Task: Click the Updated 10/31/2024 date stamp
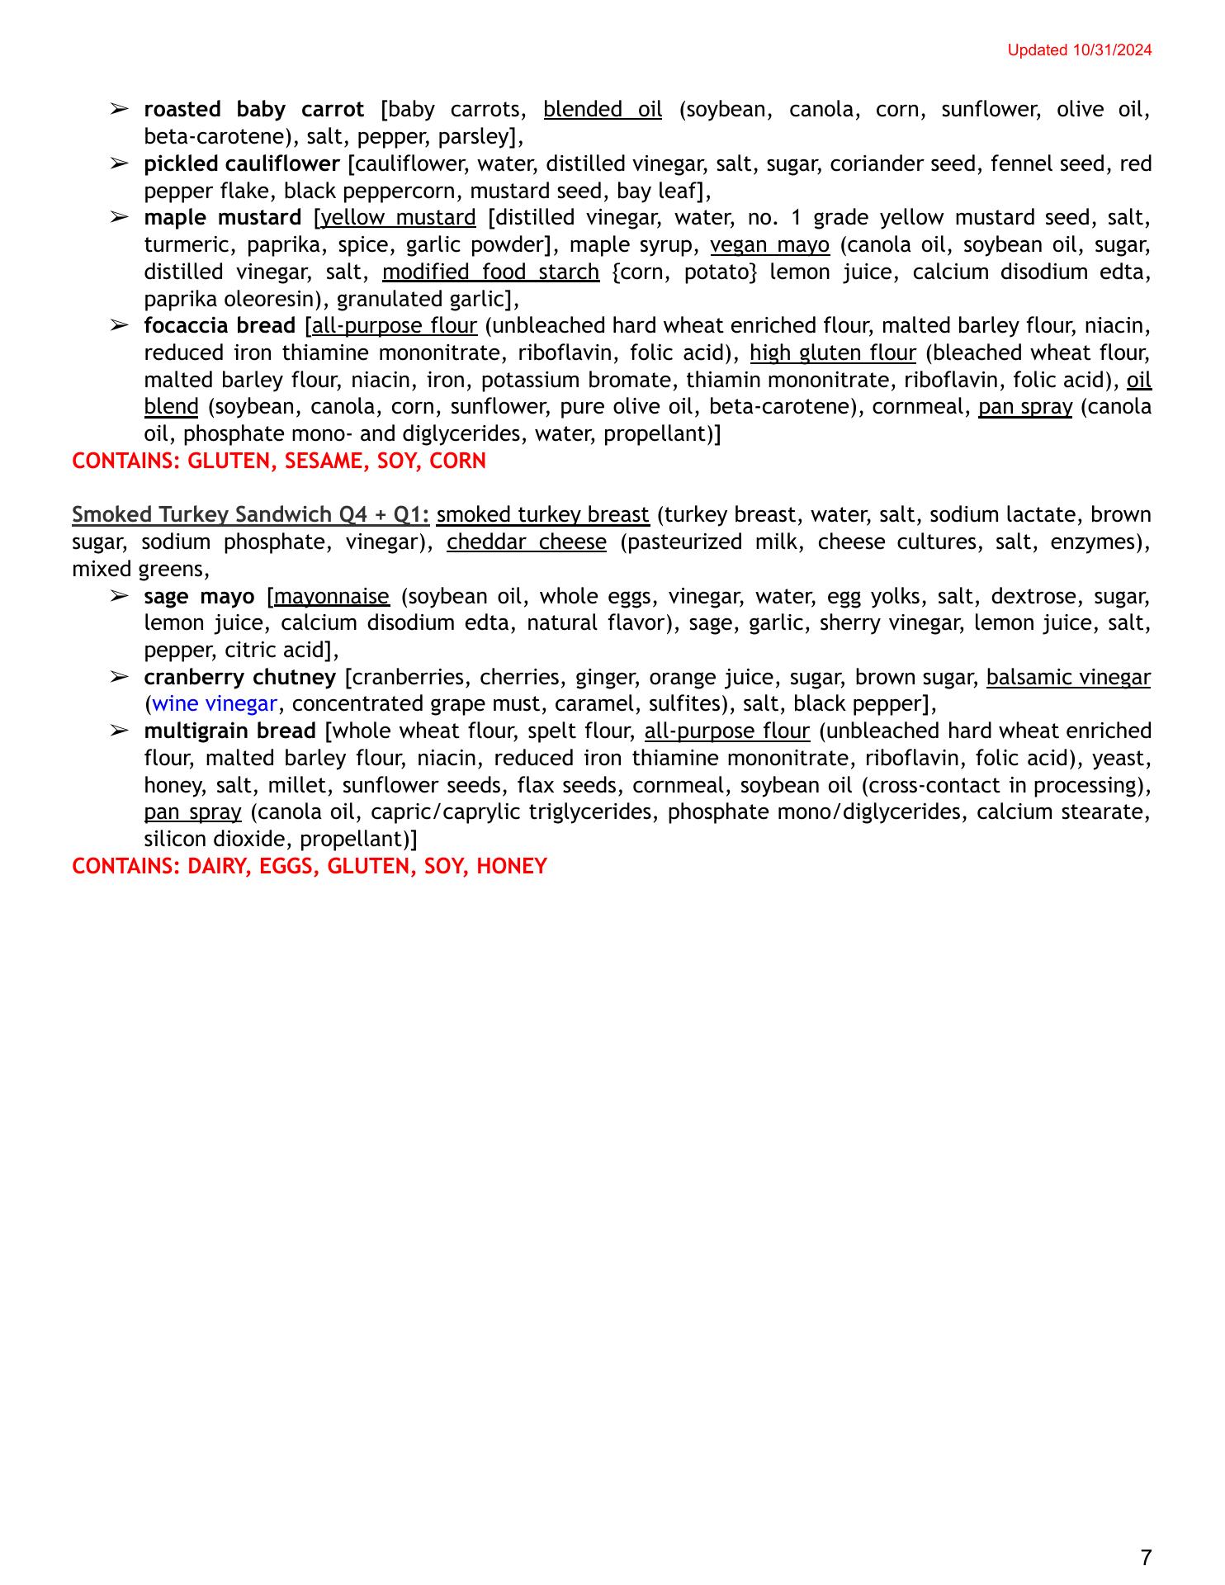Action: (x=1079, y=50)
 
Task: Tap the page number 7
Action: (x=1145, y=1558)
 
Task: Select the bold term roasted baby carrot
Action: (x=253, y=110)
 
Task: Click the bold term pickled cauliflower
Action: (x=242, y=164)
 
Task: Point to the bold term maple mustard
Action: (x=223, y=218)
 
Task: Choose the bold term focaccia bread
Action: (x=220, y=326)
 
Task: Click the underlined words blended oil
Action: (x=603, y=110)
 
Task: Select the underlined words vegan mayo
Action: (x=769, y=245)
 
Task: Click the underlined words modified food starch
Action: (x=490, y=272)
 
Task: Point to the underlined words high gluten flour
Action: (x=832, y=353)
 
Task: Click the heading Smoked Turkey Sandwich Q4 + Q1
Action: (x=251, y=515)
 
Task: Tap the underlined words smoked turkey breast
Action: (x=543, y=515)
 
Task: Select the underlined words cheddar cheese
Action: (x=527, y=542)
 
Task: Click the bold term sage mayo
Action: (x=199, y=596)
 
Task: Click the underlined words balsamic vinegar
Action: (x=1067, y=678)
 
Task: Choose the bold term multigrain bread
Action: (x=229, y=731)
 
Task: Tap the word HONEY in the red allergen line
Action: (x=512, y=867)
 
